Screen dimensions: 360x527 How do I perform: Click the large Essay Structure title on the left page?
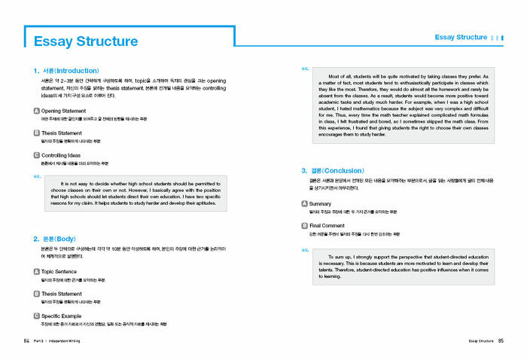tap(86, 41)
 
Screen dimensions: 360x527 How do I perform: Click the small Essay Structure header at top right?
tap(461, 37)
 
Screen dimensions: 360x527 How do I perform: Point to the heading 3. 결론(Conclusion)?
tap(337, 170)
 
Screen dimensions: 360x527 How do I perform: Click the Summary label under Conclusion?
tap(320, 203)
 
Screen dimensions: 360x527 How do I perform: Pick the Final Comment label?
tap(327, 225)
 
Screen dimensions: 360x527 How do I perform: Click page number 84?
tap(27, 341)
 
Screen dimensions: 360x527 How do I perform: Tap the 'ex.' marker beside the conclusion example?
tap(305, 249)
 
